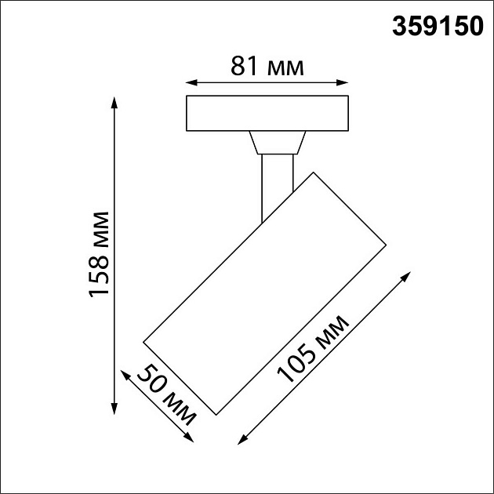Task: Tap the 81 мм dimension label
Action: (267, 67)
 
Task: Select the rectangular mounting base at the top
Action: (267, 114)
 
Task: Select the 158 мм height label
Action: (100, 254)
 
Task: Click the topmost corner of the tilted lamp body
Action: (313, 171)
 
